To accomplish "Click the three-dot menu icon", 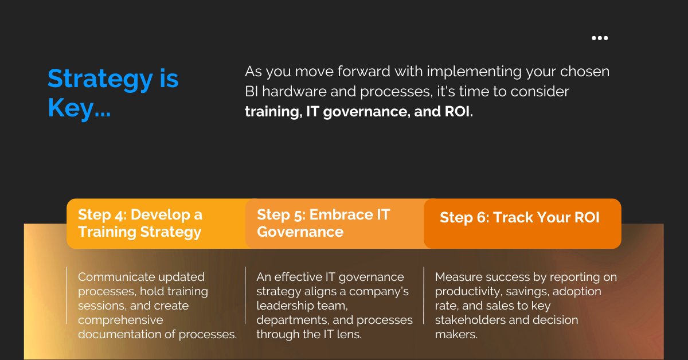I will pos(600,38).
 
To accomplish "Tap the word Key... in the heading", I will pos(79,108).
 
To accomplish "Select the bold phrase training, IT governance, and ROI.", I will pos(359,112).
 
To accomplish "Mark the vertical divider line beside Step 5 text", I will pos(245,295).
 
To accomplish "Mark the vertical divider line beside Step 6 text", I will pos(424,295).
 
